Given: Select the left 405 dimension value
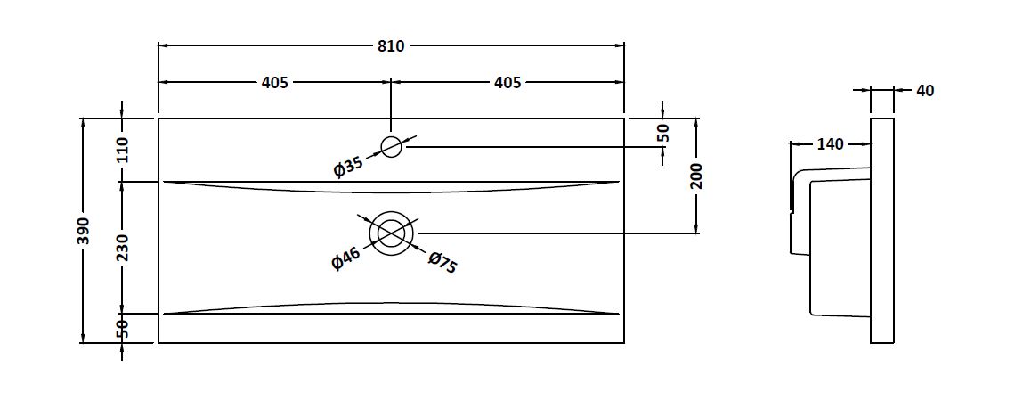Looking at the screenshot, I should click(274, 83).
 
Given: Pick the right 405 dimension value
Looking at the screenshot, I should click(507, 83).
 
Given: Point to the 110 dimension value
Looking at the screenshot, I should click(123, 149).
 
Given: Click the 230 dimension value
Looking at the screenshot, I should click(123, 247).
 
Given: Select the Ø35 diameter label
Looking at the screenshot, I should click(348, 166).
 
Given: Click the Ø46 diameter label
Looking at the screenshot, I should click(345, 258).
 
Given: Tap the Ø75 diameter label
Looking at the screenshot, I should click(442, 262).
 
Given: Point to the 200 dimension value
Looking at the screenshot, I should click(697, 176).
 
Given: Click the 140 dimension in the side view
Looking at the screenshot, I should click(830, 144).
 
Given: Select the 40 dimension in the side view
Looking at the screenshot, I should click(925, 90).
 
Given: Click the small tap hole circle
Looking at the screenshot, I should click(391, 146).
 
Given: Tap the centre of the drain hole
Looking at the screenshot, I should click(391, 233).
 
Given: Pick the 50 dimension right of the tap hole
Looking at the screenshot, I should click(663, 134).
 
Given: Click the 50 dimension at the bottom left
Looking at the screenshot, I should click(123, 328).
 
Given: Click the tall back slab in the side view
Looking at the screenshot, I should click(881, 230).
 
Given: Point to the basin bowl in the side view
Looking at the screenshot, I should click(837, 245).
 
